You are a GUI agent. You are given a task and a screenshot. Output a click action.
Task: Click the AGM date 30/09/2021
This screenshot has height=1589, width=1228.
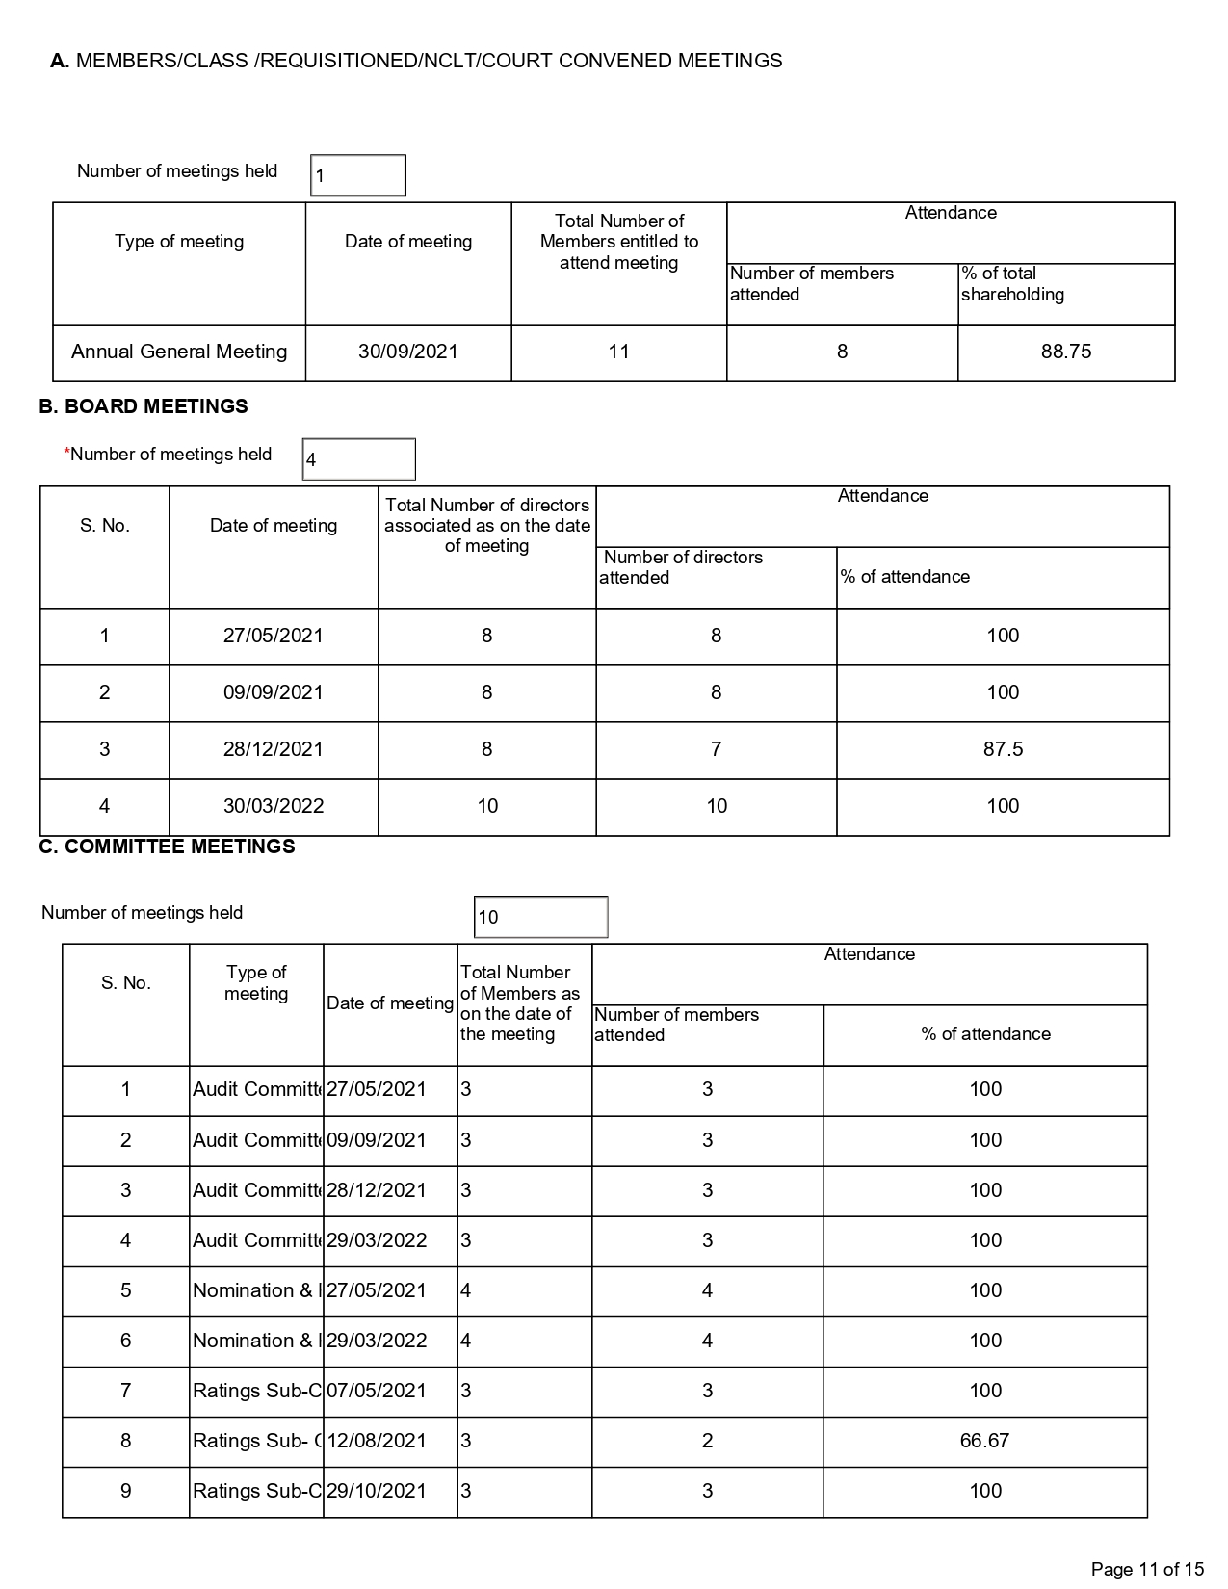click(x=408, y=352)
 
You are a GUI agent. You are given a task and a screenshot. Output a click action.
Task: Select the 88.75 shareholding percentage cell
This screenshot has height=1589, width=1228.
click(x=1066, y=352)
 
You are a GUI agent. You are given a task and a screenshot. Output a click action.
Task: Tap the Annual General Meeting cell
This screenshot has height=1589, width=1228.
click(x=179, y=352)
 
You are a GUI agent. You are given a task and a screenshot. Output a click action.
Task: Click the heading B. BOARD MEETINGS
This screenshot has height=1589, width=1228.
click(x=144, y=407)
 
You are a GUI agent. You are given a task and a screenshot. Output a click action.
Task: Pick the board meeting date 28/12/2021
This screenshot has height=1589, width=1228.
click(x=274, y=750)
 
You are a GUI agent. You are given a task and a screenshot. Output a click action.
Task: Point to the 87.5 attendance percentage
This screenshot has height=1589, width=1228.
click(x=1003, y=750)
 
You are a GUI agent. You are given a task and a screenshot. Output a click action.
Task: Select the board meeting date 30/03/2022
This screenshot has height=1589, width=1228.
click(x=274, y=807)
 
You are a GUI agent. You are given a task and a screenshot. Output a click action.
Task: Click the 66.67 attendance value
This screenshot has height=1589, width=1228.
click(x=984, y=1442)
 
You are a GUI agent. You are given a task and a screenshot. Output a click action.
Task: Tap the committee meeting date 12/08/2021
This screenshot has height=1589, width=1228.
click(x=377, y=1442)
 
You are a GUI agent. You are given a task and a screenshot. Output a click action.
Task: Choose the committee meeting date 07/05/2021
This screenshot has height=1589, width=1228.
click(x=377, y=1392)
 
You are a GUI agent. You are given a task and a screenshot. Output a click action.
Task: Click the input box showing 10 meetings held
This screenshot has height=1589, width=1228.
click(x=541, y=917)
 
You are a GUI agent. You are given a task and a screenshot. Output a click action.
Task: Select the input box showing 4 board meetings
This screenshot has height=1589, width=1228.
click(x=359, y=459)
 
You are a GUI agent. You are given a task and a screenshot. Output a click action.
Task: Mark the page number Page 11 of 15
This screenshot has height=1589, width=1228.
click(x=1147, y=1570)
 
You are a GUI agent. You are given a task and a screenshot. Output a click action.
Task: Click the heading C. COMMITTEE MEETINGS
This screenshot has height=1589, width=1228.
click(x=167, y=847)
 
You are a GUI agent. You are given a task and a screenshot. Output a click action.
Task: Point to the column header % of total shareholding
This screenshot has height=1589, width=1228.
click(x=1012, y=284)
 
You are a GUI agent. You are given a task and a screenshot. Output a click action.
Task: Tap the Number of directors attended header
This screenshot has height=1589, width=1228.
click(x=682, y=567)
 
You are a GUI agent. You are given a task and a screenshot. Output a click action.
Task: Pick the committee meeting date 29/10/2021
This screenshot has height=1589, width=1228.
click(x=377, y=1492)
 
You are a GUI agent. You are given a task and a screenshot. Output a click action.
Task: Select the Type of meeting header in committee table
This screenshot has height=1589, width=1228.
click(x=256, y=983)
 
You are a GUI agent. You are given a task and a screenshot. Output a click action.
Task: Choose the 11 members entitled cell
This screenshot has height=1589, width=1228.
click(x=618, y=352)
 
